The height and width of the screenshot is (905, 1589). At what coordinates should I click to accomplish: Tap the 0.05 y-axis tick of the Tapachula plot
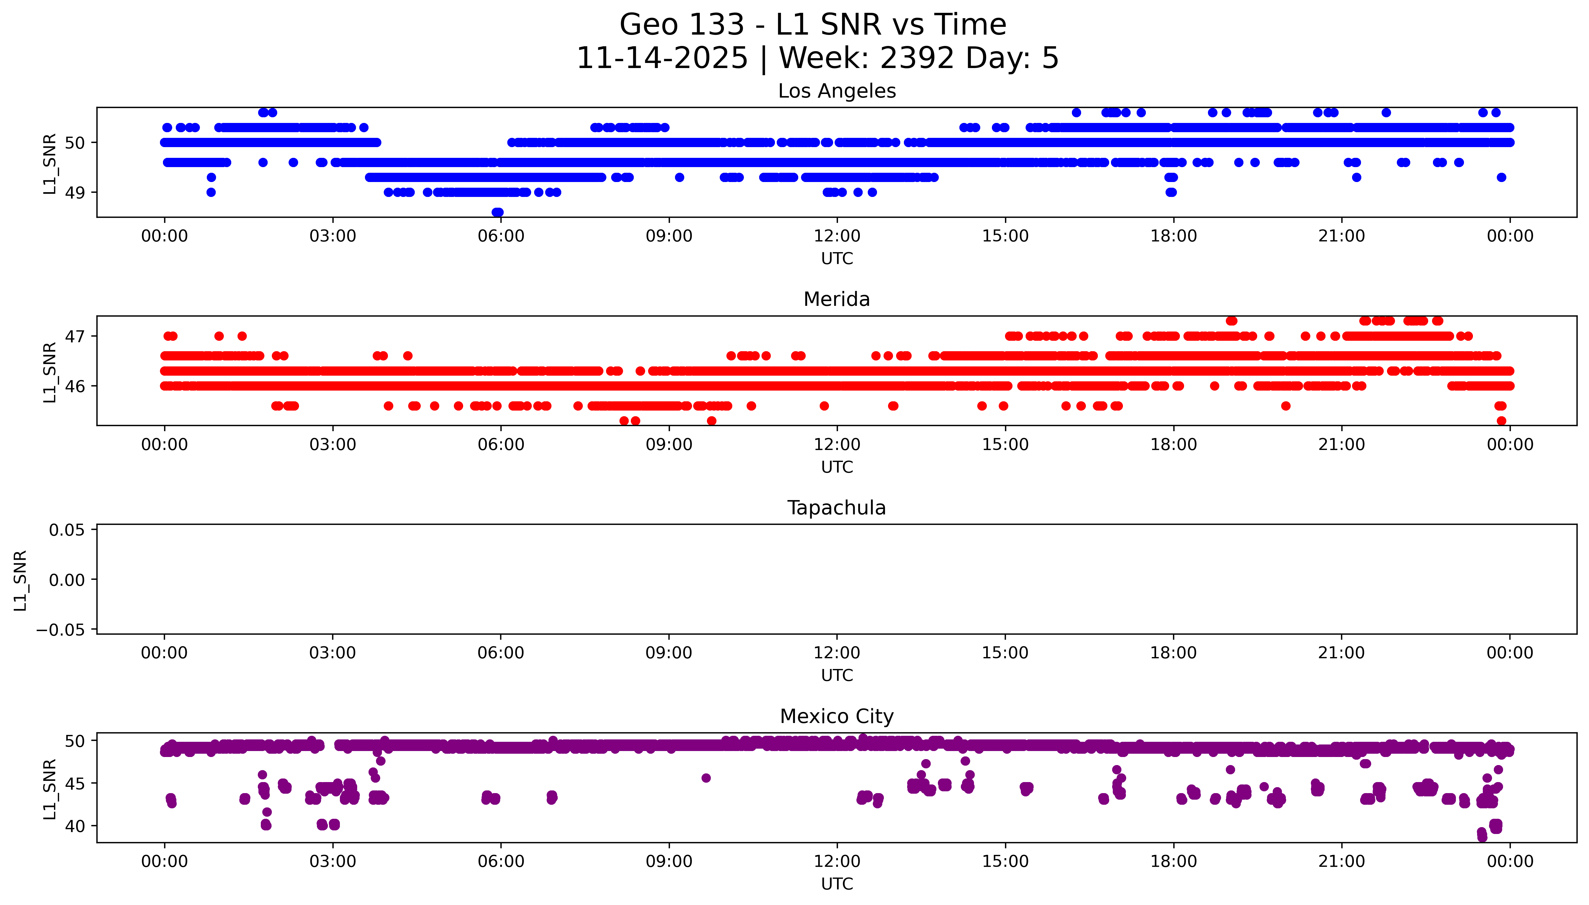(67, 530)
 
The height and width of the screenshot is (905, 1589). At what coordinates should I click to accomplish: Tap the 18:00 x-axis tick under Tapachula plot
(1173, 653)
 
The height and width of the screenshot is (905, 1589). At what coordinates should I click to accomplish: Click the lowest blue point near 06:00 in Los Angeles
(497, 212)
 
